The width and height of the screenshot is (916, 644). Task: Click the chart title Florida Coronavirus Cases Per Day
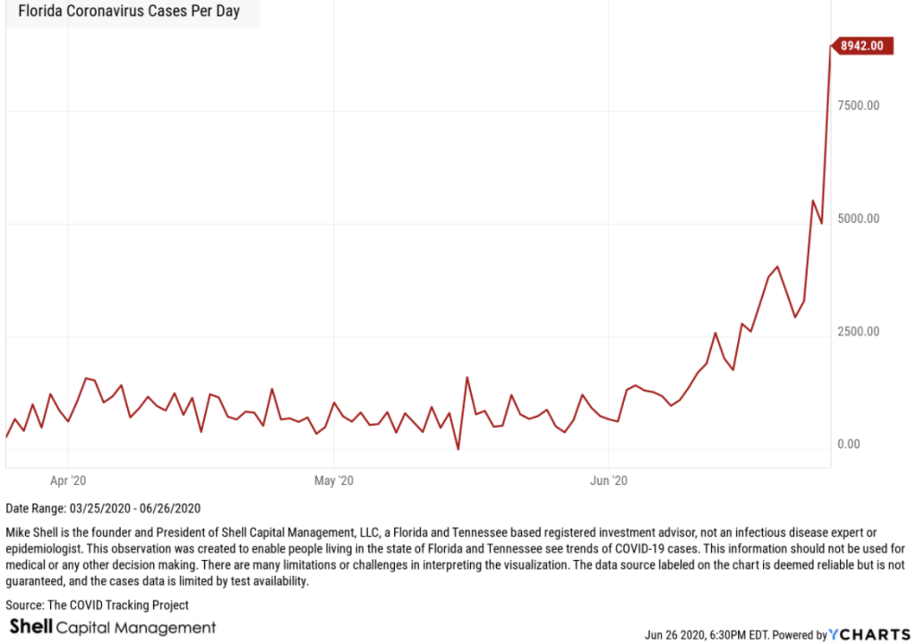coord(129,13)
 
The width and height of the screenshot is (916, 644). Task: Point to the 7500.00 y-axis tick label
coord(859,106)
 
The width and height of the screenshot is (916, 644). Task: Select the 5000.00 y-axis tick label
coord(859,219)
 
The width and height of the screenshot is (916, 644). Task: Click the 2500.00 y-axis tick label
coord(859,332)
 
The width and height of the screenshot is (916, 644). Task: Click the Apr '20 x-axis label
coord(69,481)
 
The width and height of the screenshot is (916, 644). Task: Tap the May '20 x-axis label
coord(334,481)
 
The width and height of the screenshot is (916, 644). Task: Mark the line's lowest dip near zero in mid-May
coord(458,449)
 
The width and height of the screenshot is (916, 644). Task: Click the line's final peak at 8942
coord(831,47)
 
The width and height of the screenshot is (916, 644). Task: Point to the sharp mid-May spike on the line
coord(467,377)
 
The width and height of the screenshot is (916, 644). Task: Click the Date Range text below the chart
coord(103,508)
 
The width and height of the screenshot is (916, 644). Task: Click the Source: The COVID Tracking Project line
coord(97,606)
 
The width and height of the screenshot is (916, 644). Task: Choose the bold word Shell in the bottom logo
coord(31,627)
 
